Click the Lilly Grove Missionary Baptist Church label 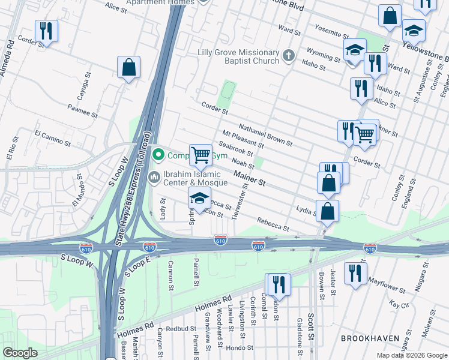pos(238,57)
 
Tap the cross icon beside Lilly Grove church pos(288,56)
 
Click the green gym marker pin pos(158,155)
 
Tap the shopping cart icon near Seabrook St pos(201,155)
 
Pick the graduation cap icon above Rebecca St pos(200,198)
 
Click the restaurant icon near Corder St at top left pos(46,31)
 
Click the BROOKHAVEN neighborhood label pos(370,339)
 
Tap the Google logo pos(20,353)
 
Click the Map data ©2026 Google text pos(411,355)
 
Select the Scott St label pos(310,328)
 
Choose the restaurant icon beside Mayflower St pos(355,274)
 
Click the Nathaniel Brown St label pos(265,135)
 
